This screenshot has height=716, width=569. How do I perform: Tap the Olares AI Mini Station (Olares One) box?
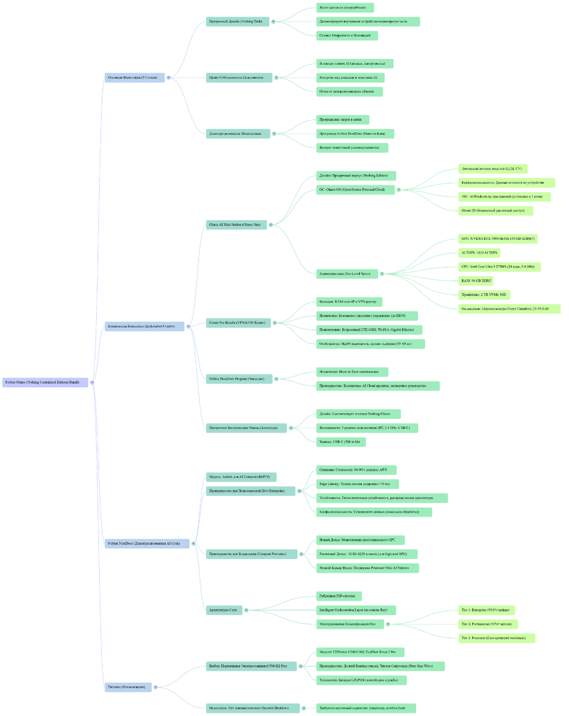point(235,225)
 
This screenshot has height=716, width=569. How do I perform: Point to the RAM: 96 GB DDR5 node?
point(476,280)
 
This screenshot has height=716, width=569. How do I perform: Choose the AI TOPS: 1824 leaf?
point(479,252)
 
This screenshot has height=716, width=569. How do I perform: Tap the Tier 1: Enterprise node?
point(486,610)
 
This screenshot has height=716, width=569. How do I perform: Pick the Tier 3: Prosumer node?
point(496,638)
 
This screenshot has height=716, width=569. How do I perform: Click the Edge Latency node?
point(357,484)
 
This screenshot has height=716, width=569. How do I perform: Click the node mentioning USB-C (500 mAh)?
point(340,442)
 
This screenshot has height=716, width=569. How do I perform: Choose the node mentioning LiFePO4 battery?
point(361,680)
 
